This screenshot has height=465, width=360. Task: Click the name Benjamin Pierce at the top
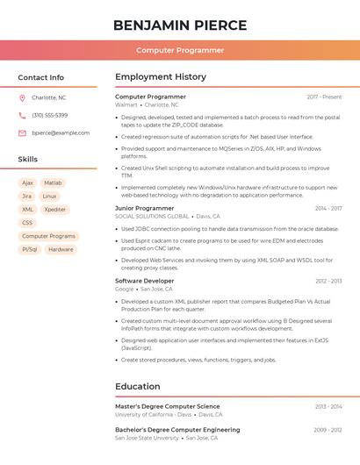[x=180, y=25]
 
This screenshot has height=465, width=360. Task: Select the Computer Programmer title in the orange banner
[x=180, y=51]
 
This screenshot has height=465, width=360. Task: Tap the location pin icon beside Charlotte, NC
[x=22, y=97]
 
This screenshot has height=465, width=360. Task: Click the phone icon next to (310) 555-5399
[x=22, y=115]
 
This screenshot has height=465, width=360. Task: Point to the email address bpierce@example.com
[x=61, y=132]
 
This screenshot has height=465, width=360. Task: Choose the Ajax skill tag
[x=27, y=183]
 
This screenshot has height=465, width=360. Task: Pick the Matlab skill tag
[x=53, y=183]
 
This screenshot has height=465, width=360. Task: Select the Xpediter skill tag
[x=54, y=210]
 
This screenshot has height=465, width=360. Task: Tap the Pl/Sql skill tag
[x=29, y=249]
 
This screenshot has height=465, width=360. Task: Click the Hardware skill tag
[x=61, y=249]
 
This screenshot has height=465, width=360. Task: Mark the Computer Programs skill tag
[x=48, y=236]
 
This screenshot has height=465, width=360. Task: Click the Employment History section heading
[x=160, y=77]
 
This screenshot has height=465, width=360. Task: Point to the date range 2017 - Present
[x=324, y=97]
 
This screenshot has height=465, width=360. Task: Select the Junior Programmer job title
[x=145, y=208]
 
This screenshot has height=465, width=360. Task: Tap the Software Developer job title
[x=145, y=281]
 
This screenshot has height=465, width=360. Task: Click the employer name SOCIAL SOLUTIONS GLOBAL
[x=152, y=216]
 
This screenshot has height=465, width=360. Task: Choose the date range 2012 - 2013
[x=328, y=281]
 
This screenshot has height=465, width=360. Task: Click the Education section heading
[x=138, y=386]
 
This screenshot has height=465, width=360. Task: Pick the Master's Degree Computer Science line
[x=168, y=406]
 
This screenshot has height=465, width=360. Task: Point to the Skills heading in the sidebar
[x=28, y=159]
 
